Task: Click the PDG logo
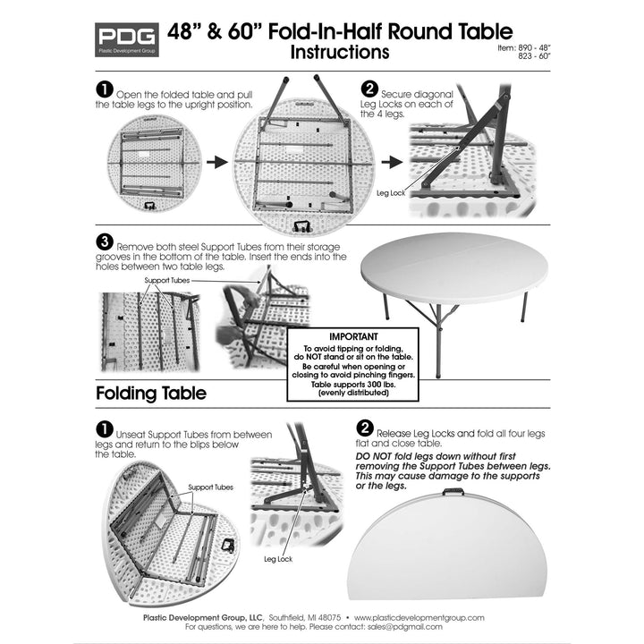(x=126, y=40)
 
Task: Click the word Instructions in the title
(x=340, y=52)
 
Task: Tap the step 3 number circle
(x=104, y=243)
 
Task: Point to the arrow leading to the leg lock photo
(x=390, y=163)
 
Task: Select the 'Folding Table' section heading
(x=151, y=394)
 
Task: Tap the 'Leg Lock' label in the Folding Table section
(x=278, y=558)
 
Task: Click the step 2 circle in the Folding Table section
(x=365, y=428)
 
